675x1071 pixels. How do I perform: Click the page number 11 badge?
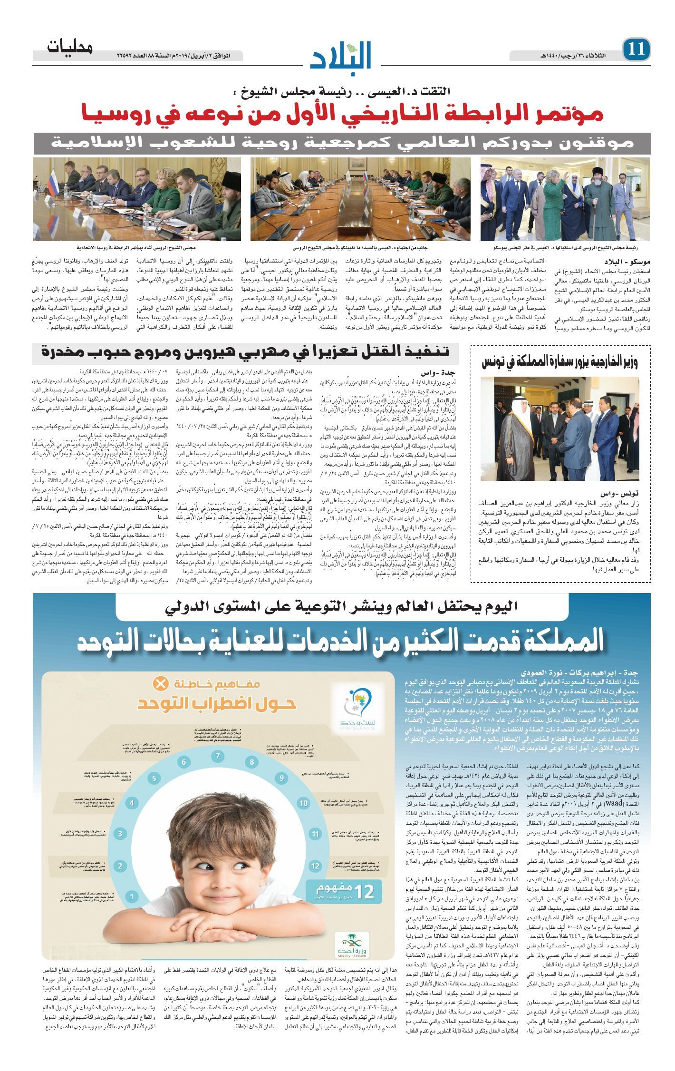click(636, 49)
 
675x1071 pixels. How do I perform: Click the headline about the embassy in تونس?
click(559, 361)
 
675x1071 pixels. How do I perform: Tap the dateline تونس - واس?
click(624, 493)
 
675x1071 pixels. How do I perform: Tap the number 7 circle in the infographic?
click(218, 756)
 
